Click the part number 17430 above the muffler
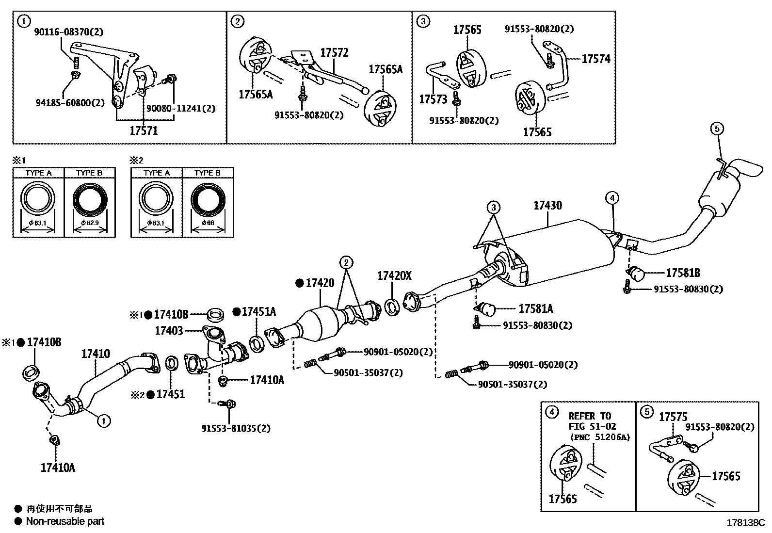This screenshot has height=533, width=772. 547,206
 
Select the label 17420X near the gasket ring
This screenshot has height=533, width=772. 394,276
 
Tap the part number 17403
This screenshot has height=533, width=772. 169,331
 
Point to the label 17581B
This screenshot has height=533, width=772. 683,273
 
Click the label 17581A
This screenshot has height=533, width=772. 535,308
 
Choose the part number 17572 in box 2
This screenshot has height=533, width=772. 334,53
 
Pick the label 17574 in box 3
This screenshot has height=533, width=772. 596,59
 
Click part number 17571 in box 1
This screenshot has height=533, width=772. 144,130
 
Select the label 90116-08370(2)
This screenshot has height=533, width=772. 68,32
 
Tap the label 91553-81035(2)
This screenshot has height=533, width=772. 236,428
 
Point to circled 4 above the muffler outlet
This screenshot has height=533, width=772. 612,198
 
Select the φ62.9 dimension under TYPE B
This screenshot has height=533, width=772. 89,223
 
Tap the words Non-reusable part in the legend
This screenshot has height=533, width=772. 65,521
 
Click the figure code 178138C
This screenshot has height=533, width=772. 745,523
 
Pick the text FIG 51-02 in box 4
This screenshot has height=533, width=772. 592,427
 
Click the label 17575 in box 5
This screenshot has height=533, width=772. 673,417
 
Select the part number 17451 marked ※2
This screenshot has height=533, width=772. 170,394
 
